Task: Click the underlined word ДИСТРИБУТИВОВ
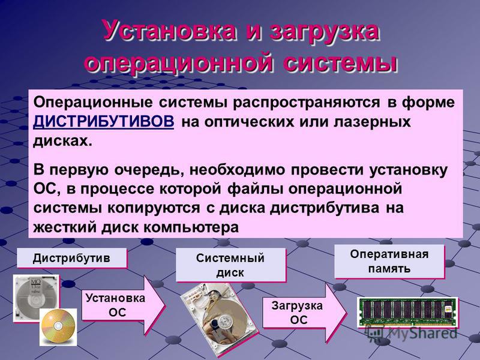tap(103, 122)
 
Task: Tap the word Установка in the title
tap(170, 31)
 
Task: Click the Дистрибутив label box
tap(71, 258)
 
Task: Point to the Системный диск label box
tap(230, 265)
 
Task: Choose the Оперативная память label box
tap(389, 262)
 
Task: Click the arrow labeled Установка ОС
tap(124, 305)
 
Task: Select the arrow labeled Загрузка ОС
tap(305, 313)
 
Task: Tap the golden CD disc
tap(58, 327)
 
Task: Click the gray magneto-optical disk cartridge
tap(35, 298)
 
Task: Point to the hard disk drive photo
tap(219, 319)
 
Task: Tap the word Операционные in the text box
tap(93, 102)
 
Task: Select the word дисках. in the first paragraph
tap(62, 142)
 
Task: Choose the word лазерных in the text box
tap(372, 122)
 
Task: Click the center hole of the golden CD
tap(58, 325)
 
